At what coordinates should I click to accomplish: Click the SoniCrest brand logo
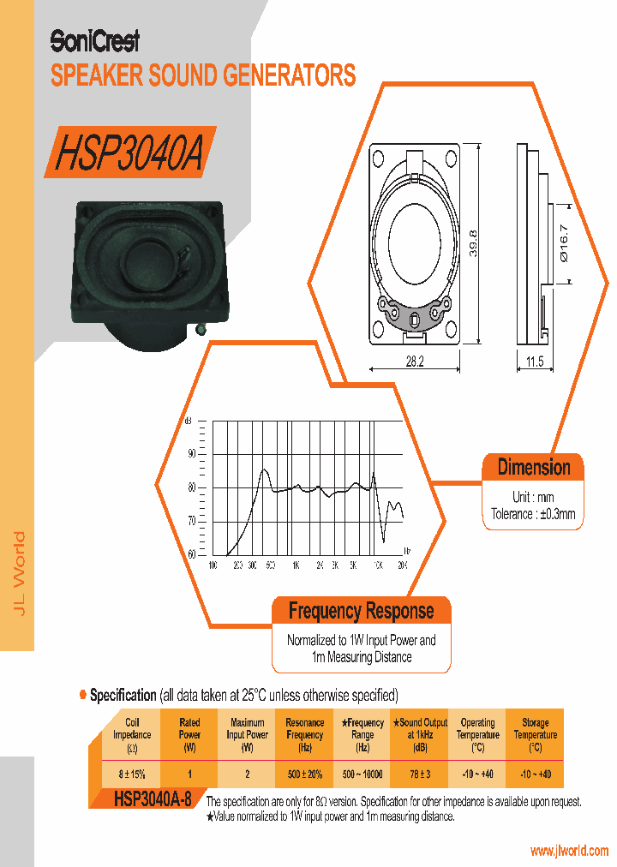pos(94,40)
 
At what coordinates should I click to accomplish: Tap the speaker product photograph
pos(151,271)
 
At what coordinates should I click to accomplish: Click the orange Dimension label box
pos(533,468)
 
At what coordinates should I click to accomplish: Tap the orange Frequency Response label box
pos(361,611)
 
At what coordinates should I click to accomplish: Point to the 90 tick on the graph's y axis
pos(192,453)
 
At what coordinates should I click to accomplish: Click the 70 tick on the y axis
pos(192,521)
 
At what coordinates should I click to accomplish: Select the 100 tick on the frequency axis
pos(213,566)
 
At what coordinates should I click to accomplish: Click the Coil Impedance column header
pos(132,734)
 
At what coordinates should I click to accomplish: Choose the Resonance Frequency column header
pos(304,734)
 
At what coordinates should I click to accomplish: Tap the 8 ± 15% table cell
pos(132,774)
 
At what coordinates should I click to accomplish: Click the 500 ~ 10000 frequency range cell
pos(362,774)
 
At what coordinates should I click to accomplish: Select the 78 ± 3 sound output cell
pos(419,774)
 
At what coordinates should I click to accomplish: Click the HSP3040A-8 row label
pos(152,800)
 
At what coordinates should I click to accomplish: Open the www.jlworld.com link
pos(569,851)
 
